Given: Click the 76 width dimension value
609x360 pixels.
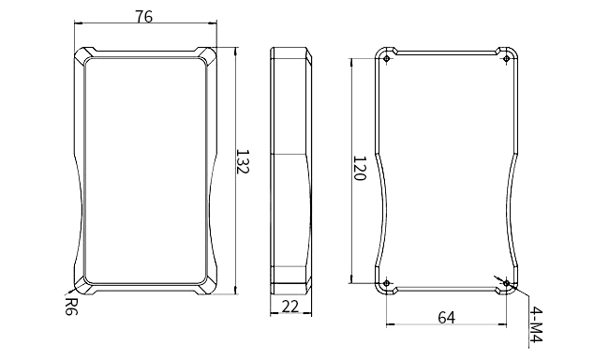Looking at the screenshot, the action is (x=143, y=17).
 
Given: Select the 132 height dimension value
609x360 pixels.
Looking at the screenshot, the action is (x=243, y=161).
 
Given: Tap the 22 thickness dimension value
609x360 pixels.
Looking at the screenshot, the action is (x=290, y=307).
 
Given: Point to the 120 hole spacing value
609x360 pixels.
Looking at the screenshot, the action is (x=360, y=169).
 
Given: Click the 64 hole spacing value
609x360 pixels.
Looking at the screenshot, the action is (x=446, y=318).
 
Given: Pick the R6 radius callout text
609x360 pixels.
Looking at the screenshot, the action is (x=70, y=307).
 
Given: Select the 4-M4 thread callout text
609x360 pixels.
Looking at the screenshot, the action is (x=536, y=324).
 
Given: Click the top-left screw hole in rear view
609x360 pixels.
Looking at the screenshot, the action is (x=386, y=59).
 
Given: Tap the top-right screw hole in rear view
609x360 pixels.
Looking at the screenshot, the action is (x=507, y=59).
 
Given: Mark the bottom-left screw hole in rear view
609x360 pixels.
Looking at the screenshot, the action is (x=386, y=283).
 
